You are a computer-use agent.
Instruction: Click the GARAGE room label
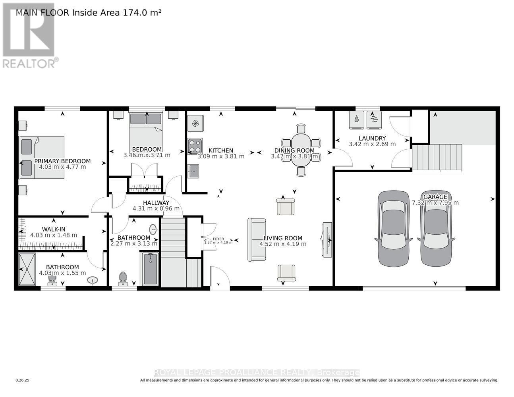tap(435, 197)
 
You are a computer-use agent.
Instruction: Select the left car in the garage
tap(393, 228)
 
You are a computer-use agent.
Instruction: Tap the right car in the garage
tap(436, 228)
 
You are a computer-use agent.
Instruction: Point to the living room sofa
tap(256, 240)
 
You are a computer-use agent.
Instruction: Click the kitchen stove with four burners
tap(195, 146)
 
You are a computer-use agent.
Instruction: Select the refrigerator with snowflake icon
tap(195, 123)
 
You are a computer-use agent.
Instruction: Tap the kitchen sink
tap(194, 171)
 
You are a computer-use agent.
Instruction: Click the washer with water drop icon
tap(357, 119)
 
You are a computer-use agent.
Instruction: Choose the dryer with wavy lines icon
tap(374, 119)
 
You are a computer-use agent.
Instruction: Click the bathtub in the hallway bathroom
tap(151, 269)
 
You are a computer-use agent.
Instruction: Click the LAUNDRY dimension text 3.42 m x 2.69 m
tap(372, 144)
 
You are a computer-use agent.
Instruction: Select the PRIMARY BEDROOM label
tap(62, 161)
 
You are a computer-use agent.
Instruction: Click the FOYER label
tap(218, 239)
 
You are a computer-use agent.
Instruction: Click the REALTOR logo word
tap(29, 63)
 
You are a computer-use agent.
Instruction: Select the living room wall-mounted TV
tap(327, 239)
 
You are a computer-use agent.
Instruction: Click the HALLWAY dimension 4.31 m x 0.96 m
tap(156, 208)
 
